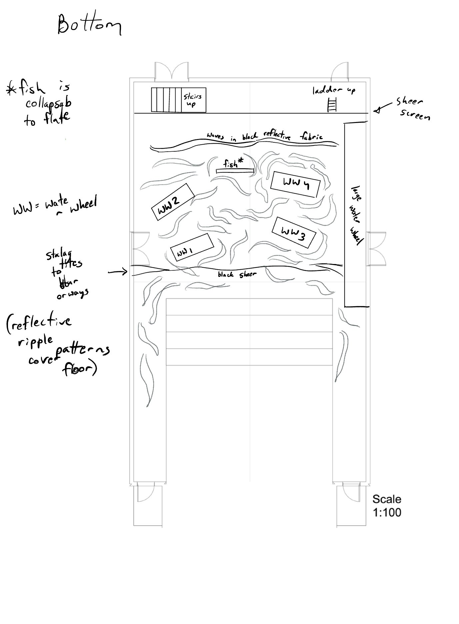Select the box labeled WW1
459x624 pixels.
tap(192, 248)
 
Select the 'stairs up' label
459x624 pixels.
tap(192, 100)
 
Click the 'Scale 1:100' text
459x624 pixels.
tap(387, 505)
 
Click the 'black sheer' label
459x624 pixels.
tap(237, 274)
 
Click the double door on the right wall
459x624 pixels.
tap(376, 249)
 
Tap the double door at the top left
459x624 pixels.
tap(172, 71)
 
